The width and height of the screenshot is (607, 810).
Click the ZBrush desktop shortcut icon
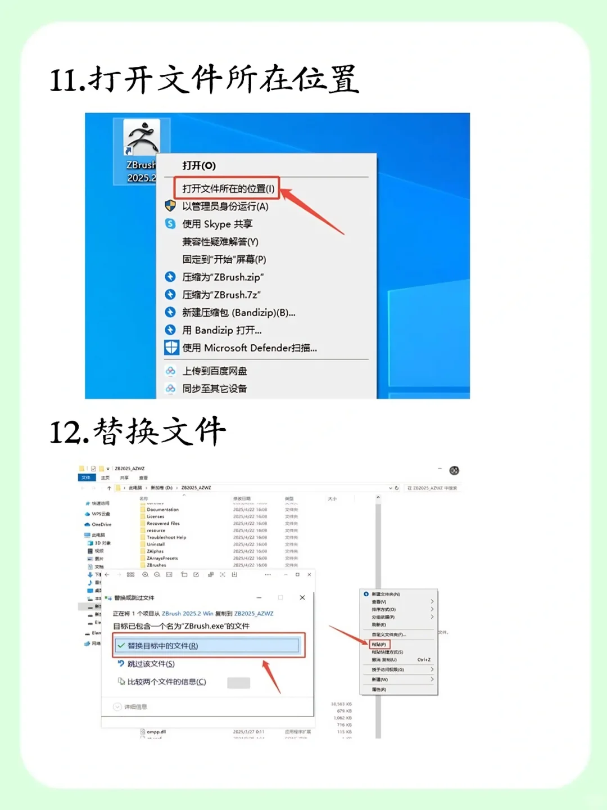pos(141,138)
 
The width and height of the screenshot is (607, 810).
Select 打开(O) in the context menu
pos(199,165)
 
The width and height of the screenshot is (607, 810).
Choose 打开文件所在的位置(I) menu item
pos(228,188)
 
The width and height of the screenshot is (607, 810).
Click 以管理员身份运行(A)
pos(225,206)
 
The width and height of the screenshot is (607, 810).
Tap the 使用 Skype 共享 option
pos(217,224)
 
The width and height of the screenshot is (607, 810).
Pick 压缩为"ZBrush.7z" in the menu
pos(221,295)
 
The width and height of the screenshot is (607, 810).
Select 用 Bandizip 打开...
pos(221,330)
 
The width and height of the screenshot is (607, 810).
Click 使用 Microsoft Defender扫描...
pos(249,348)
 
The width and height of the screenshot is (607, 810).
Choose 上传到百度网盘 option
pos(214,371)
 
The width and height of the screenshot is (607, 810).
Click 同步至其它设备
pos(214,389)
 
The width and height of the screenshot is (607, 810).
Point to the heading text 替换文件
pos(160,432)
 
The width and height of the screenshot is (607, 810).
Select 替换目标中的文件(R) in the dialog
pos(162,646)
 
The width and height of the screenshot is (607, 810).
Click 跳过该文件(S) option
pos(151,664)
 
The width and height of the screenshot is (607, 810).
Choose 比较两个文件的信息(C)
pos(166,682)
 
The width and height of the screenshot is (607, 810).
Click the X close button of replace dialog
pos(302,597)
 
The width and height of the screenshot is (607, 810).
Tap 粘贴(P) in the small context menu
pos(379,644)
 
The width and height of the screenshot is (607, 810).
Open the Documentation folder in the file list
pos(162,510)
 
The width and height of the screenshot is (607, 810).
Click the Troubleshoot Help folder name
pos(166,537)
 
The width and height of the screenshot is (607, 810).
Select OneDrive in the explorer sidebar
pos(101,524)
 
